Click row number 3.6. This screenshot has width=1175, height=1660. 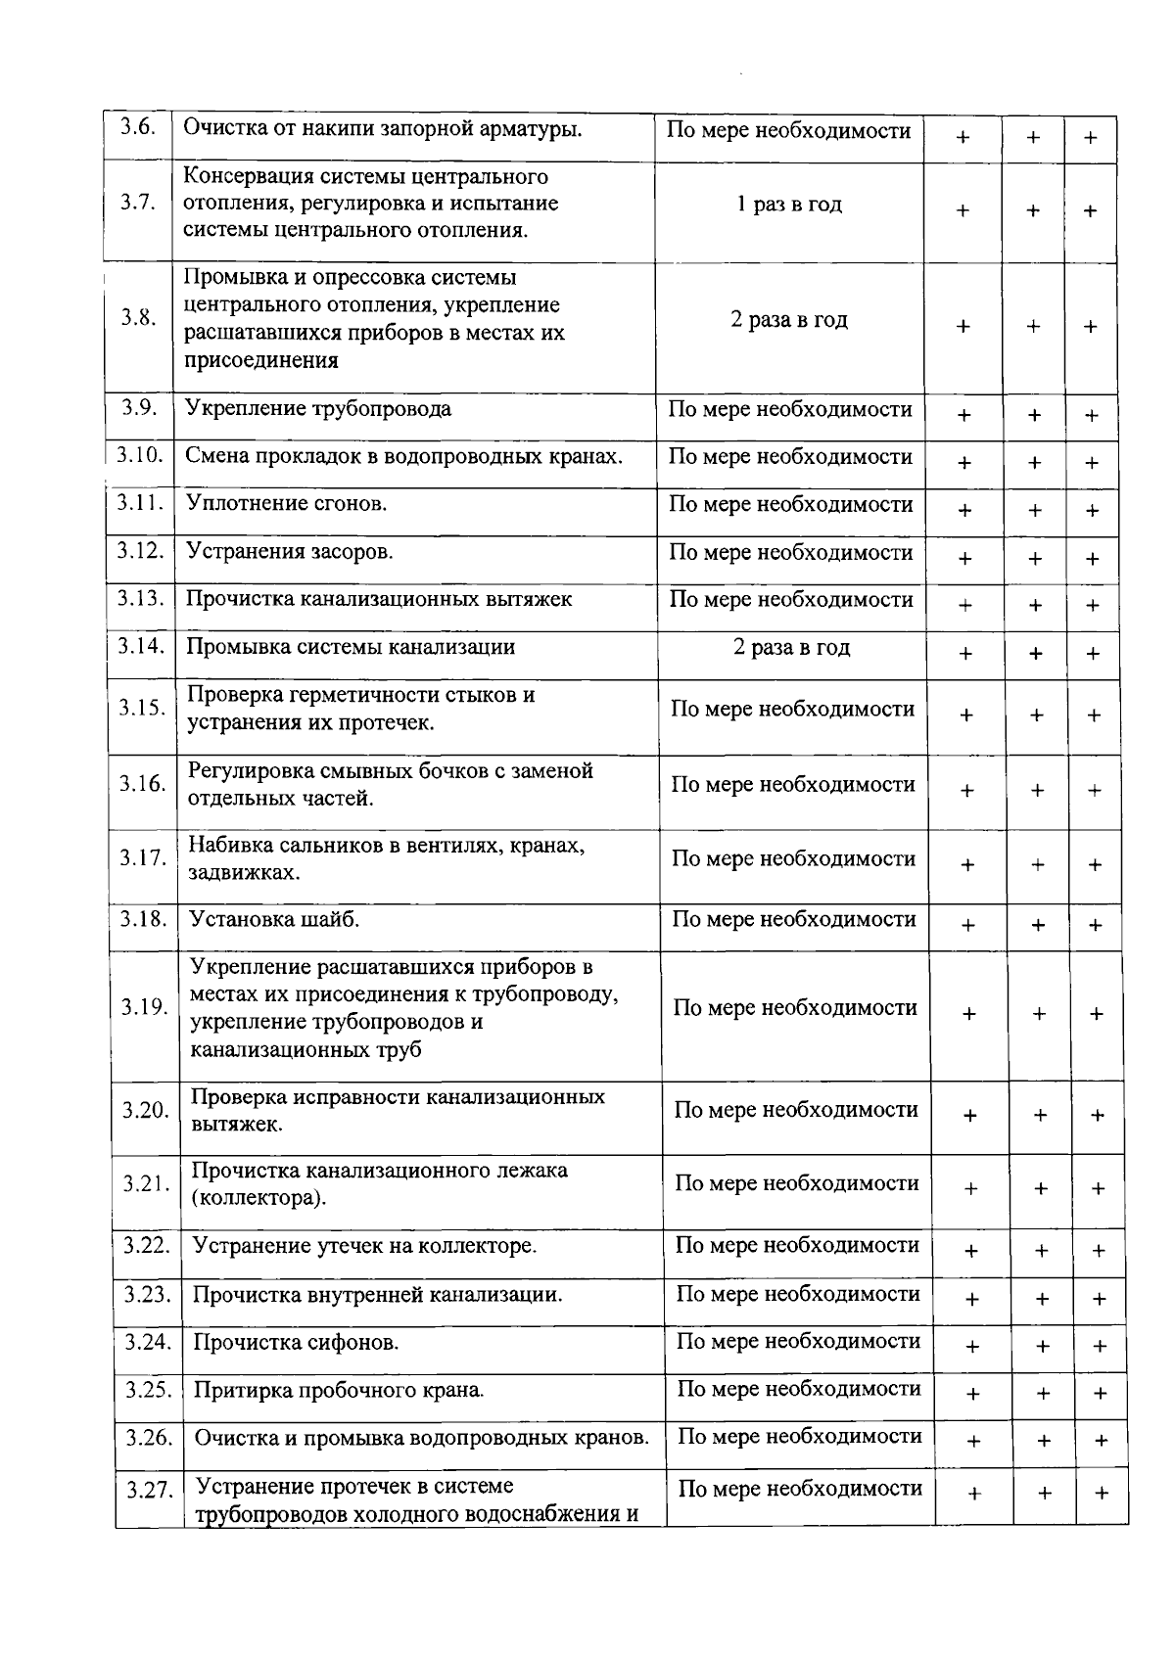point(138,128)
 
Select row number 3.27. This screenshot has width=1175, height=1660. point(150,1491)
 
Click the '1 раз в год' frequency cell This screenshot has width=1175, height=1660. point(789,205)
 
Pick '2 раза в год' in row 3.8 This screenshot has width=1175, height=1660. point(789,320)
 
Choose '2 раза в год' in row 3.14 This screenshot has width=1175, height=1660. point(792,648)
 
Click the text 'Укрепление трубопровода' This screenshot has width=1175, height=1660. point(318,408)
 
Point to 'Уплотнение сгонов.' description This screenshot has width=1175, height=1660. point(287,504)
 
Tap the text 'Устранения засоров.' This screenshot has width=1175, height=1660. point(290,552)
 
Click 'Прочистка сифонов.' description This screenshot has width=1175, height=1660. point(296,1342)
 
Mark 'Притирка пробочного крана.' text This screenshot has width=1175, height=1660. point(339,1390)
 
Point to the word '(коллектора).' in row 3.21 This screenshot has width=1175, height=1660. point(258,1198)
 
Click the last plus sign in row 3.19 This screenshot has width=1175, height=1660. point(1096,1014)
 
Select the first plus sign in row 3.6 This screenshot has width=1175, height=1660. point(963,138)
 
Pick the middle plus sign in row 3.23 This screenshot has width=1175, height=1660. point(1042,1300)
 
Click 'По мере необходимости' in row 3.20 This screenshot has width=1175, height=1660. point(796,1110)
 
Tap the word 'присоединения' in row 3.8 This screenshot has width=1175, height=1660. point(261,360)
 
